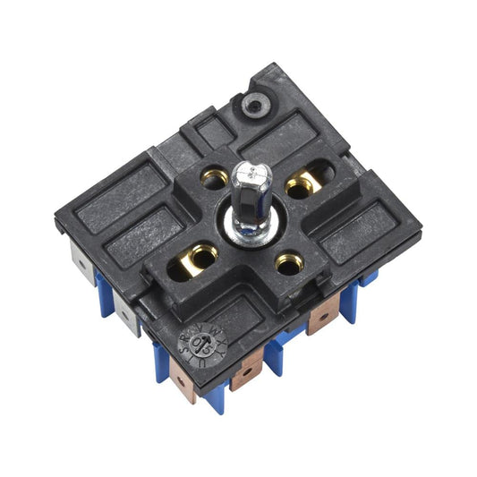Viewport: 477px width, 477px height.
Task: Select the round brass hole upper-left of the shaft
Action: (x=215, y=180)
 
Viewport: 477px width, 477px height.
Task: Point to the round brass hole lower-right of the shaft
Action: (x=286, y=263)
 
